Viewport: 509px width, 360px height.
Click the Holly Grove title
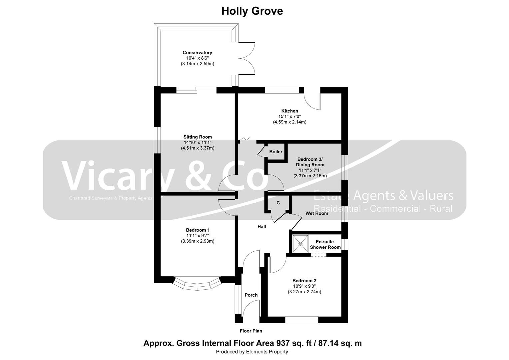pyautogui.click(x=252, y=11)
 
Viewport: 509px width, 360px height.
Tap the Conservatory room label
pyautogui.click(x=197, y=53)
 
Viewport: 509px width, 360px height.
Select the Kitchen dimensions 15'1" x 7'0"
pyautogui.click(x=289, y=116)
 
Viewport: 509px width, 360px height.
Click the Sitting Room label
pyautogui.click(x=198, y=137)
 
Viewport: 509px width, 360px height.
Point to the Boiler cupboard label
pyautogui.click(x=275, y=152)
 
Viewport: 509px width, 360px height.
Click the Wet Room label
pyautogui.click(x=316, y=213)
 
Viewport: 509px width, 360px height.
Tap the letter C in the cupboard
pyautogui.click(x=278, y=203)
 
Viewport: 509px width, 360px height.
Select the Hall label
pyautogui.click(x=261, y=227)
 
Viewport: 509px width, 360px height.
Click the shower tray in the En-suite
pyautogui.click(x=300, y=244)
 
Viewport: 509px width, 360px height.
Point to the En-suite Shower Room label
pyautogui.click(x=325, y=244)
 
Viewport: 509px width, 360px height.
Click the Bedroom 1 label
pyautogui.click(x=198, y=230)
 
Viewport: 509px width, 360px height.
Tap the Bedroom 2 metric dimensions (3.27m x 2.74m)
pyautogui.click(x=304, y=292)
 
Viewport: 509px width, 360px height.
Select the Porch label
pyautogui.click(x=251, y=295)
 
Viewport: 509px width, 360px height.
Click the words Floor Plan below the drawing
pyautogui.click(x=251, y=331)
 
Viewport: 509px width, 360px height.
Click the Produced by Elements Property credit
pyautogui.click(x=252, y=352)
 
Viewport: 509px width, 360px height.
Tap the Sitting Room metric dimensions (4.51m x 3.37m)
pyautogui.click(x=198, y=148)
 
